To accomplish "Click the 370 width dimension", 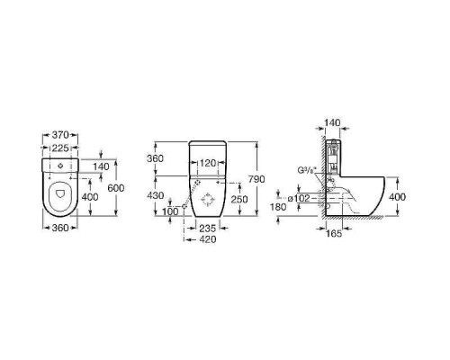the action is [x=60, y=135].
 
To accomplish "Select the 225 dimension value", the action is [x=60, y=148].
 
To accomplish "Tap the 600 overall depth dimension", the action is [x=116, y=188].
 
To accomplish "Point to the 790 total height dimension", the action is [x=256, y=179].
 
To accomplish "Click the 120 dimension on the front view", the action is [x=208, y=163].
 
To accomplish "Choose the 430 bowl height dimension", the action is [x=155, y=195].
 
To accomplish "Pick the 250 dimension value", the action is [x=239, y=199].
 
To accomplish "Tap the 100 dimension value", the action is [x=170, y=211].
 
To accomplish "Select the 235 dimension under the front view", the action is [x=208, y=229].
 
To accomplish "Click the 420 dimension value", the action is [x=208, y=239].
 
